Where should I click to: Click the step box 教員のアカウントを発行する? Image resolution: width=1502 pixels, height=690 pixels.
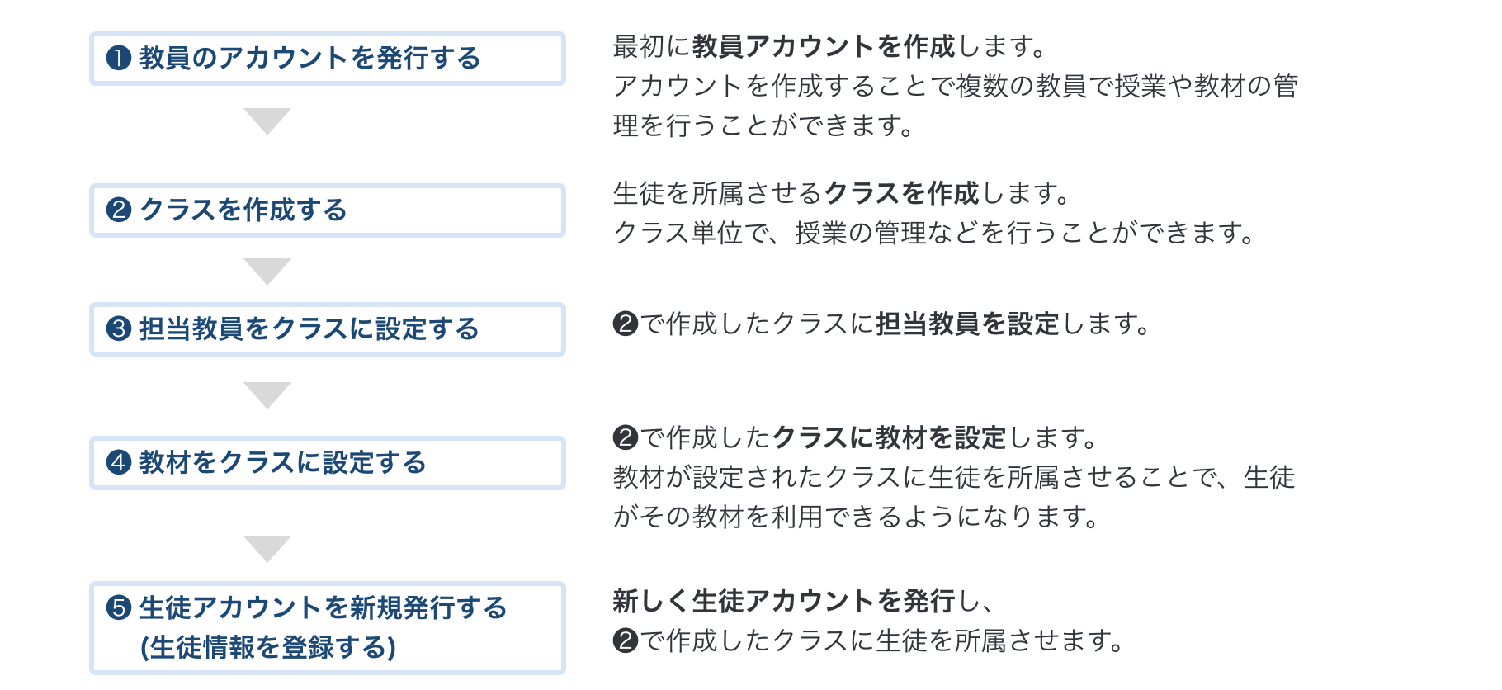(327, 59)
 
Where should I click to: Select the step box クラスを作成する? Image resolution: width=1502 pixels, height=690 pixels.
(327, 210)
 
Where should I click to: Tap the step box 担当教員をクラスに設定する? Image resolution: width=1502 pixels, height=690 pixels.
(327, 329)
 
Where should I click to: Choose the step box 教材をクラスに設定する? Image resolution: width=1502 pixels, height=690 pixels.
(327, 463)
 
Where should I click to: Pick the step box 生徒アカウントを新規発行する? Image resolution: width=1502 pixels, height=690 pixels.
(327, 627)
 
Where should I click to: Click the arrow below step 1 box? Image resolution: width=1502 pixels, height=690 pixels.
(267, 121)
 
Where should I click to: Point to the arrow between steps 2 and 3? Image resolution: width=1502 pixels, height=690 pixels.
(267, 271)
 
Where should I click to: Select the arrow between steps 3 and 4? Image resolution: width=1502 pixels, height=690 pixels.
(267, 395)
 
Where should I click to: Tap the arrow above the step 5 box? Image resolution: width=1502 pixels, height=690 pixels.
(267, 548)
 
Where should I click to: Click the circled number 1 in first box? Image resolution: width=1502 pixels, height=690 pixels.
(119, 59)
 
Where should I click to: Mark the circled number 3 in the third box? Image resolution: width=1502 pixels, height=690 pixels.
(119, 329)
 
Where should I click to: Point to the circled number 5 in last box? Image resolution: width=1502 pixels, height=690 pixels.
(119, 608)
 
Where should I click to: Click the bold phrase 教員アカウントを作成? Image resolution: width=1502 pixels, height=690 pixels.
(823, 47)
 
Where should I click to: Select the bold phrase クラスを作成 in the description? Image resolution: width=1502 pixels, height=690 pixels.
(900, 194)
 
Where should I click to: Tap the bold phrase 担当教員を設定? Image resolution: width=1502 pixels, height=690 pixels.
(967, 324)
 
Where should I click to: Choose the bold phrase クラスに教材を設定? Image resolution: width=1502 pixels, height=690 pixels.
(889, 437)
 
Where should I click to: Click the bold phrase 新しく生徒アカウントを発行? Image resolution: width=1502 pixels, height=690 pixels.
(783, 602)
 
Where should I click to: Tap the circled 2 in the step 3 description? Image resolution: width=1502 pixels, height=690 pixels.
(626, 324)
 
